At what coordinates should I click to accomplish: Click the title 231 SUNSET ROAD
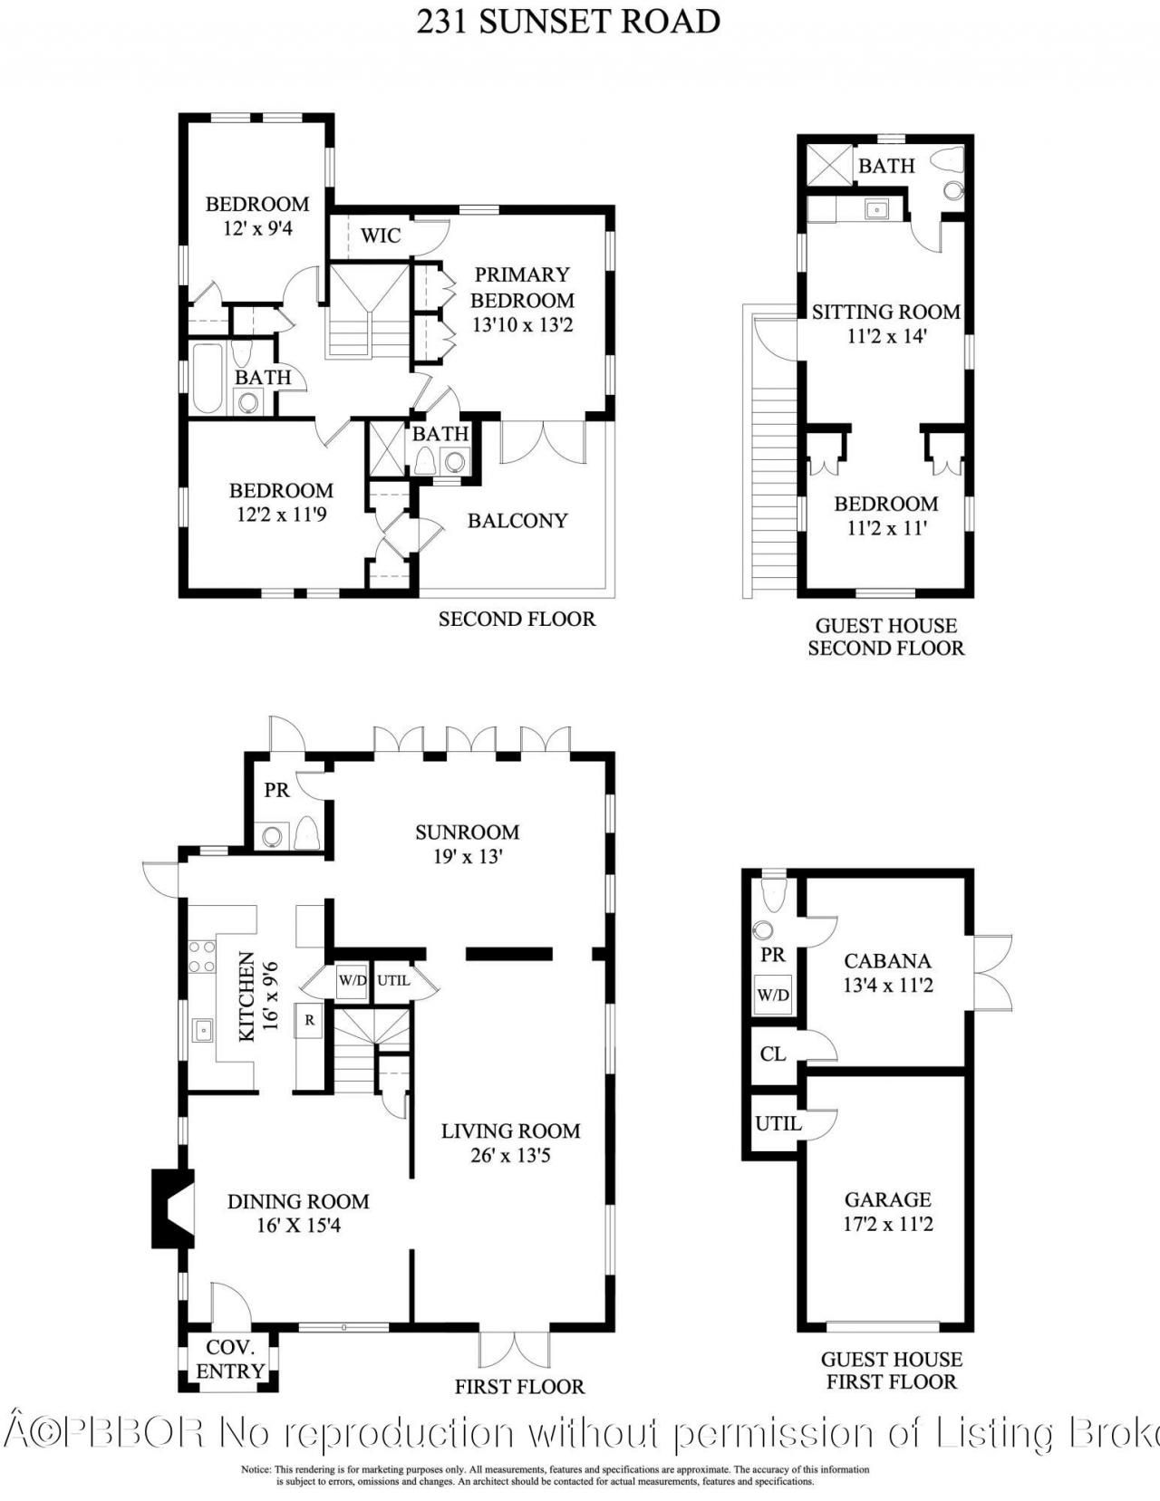[x=568, y=22]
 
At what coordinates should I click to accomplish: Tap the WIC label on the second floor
[x=381, y=236]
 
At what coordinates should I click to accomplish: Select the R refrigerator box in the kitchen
[x=310, y=1019]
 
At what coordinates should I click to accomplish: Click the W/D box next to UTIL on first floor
[x=352, y=980]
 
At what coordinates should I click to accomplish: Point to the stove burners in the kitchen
[x=201, y=957]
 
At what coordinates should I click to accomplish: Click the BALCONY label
[x=517, y=520]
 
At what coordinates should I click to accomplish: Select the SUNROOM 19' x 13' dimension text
[x=468, y=856]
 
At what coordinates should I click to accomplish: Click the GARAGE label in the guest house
[x=887, y=1199]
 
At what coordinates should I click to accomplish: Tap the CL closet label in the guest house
[x=773, y=1054]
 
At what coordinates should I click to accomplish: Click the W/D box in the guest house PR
[x=773, y=995]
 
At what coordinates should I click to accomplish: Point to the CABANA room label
[x=887, y=960]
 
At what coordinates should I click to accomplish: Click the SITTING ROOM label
[x=885, y=312]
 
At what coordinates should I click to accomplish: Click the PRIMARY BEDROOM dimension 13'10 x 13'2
[x=522, y=324]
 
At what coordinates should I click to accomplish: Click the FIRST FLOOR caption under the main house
[x=519, y=1386]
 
